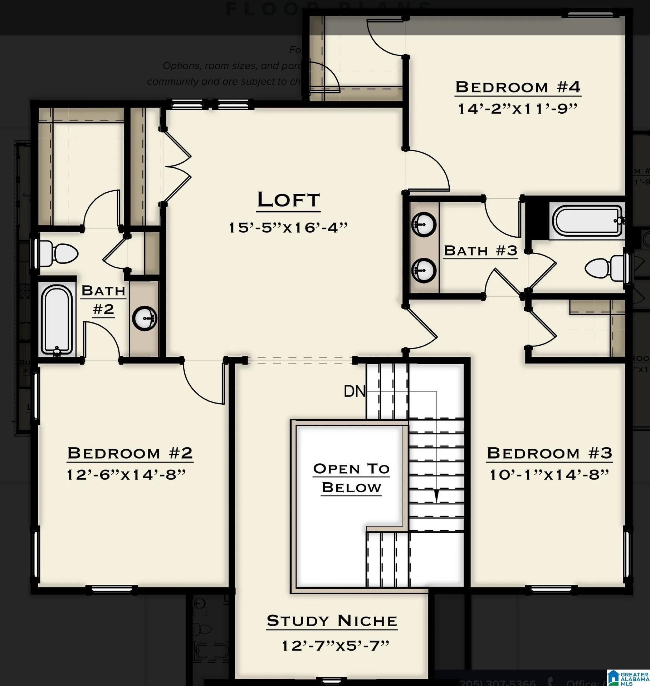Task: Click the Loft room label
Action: tap(288, 200)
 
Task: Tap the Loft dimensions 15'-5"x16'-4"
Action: tap(288, 227)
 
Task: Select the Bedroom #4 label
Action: tap(518, 87)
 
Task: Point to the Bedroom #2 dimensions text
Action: tap(127, 475)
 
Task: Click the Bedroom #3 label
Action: tap(549, 453)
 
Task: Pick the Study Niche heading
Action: tap(332, 621)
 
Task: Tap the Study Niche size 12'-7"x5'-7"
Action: tap(335, 646)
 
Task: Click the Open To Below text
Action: tap(351, 478)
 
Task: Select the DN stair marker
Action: tap(354, 391)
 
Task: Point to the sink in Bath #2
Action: tap(145, 318)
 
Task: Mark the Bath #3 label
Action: tap(480, 251)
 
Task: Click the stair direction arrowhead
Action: tap(436, 496)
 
